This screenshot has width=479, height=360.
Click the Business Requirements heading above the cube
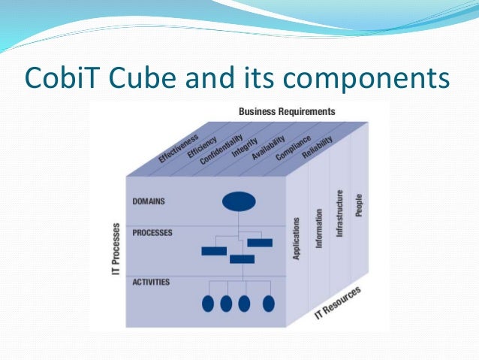pos(287,111)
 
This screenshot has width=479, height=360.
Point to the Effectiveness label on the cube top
pos(179,149)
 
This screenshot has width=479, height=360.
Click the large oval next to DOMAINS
pos(239,201)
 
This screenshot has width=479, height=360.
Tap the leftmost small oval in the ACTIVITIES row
pos(208,304)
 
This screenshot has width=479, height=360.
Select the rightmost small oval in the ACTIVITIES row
pos(268,304)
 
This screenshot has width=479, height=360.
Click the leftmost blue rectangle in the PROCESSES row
pos(214,251)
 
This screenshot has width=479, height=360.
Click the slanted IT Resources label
pos(337,303)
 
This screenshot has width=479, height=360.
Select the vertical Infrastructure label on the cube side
pos(339,213)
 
